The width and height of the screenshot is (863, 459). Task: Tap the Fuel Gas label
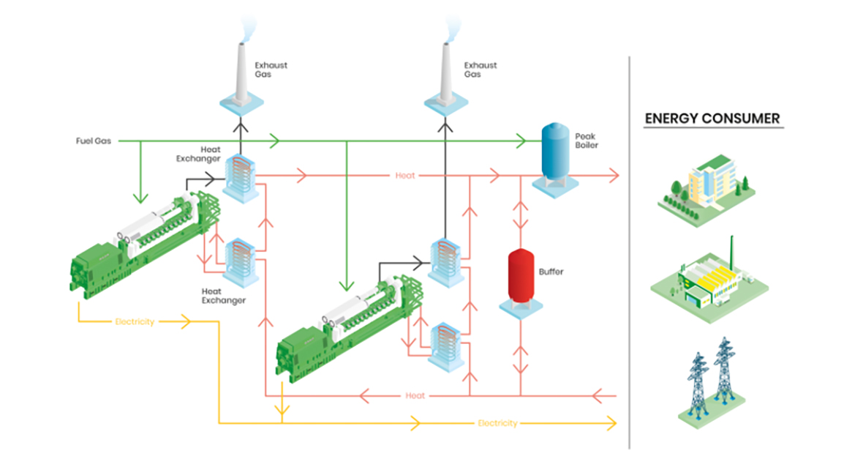[x=93, y=140]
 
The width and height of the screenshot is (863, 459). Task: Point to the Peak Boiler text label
[x=587, y=141]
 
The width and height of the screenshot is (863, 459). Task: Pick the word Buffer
[x=551, y=272]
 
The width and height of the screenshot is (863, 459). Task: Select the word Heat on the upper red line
[x=405, y=176]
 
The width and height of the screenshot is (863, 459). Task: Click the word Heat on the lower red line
[x=415, y=395]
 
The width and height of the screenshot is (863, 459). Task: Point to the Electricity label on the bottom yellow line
[x=497, y=423]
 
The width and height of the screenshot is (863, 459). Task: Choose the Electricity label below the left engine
[x=135, y=321]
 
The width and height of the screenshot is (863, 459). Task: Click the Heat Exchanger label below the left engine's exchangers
[x=223, y=295]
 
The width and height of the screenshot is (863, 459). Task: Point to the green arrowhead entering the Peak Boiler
[x=522, y=140]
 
